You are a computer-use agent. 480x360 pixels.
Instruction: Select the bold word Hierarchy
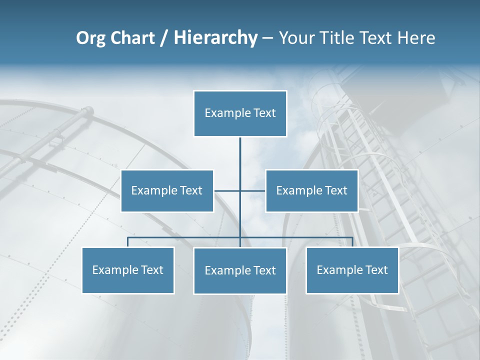click(215, 38)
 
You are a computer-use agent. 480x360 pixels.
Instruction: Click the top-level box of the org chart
click(240, 113)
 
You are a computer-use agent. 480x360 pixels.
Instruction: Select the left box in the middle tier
click(167, 190)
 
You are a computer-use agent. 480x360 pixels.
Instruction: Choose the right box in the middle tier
click(311, 190)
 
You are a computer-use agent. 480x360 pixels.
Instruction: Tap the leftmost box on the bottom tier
click(128, 270)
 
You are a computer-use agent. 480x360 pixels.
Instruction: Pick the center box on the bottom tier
click(240, 270)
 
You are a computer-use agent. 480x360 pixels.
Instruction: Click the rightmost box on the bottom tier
click(352, 270)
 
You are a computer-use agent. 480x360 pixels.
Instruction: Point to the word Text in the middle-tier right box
click(336, 190)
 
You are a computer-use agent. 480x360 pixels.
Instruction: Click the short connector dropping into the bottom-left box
click(128, 242)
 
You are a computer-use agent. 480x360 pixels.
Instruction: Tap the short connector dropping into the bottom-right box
click(352, 242)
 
